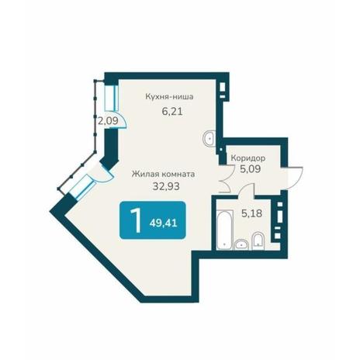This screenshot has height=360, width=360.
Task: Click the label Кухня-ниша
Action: point(169,97)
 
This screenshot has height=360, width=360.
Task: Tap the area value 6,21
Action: point(172,112)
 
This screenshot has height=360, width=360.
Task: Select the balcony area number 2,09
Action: point(108,120)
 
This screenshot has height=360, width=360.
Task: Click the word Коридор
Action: point(248,157)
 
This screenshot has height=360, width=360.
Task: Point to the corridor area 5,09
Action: point(250,169)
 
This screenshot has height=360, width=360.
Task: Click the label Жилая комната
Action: point(163,174)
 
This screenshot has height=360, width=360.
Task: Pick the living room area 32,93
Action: point(166,186)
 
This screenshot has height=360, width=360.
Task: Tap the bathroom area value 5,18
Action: point(251,213)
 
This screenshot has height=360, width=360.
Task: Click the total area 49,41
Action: point(163,223)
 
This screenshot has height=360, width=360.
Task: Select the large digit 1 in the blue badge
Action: point(136,220)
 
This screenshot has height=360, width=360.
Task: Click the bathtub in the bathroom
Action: point(224,230)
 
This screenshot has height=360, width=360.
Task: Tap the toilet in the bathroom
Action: point(258,241)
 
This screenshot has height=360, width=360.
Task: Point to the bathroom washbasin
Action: point(241,244)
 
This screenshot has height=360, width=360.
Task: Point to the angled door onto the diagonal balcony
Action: point(103,174)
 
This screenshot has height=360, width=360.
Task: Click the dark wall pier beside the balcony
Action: point(109,150)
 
